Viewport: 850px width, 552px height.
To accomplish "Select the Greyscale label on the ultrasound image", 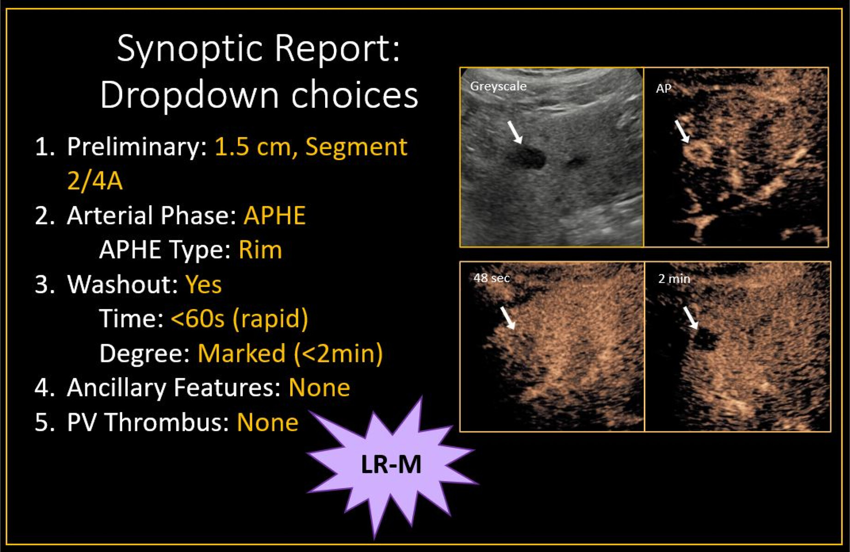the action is click(x=498, y=86).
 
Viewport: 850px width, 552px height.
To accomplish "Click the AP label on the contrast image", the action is click(x=663, y=88).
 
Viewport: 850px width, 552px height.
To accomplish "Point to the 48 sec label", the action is click(x=492, y=278).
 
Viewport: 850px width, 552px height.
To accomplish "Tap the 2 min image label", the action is click(x=674, y=279).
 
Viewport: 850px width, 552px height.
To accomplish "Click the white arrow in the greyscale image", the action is click(x=515, y=132).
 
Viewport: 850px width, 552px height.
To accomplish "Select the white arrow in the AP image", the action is click(x=682, y=131).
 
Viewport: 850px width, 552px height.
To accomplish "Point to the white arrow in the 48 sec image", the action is click(x=508, y=318).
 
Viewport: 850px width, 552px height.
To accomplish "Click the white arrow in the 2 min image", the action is click(x=690, y=317).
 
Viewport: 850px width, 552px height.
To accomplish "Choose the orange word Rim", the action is click(x=260, y=250).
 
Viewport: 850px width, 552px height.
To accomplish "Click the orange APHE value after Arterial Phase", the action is click(x=274, y=215).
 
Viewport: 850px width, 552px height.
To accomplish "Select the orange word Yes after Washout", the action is click(x=203, y=284).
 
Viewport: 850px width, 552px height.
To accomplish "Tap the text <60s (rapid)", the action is click(x=239, y=319).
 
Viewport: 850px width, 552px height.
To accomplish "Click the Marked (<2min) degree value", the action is click(x=290, y=354).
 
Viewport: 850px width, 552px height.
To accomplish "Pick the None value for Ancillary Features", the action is click(x=319, y=387).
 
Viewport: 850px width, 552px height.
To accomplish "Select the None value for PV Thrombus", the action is click(x=267, y=422).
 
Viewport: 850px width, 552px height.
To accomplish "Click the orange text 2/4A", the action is click(x=95, y=180).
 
